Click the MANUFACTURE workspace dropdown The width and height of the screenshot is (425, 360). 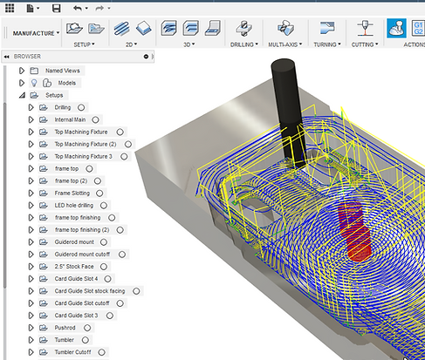tap(36, 33)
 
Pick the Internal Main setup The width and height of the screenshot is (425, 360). tap(70, 119)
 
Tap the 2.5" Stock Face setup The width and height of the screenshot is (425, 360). tap(74, 266)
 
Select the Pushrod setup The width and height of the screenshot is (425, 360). tap(66, 327)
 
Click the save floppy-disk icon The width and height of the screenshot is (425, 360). tap(57, 8)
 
